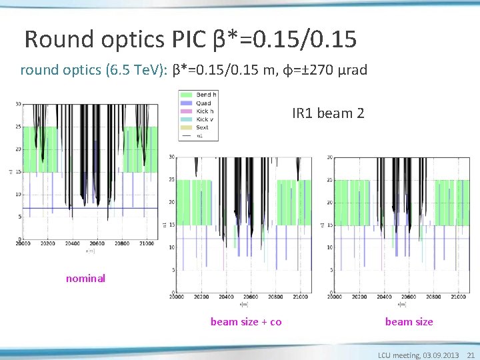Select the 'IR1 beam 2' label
pyautogui.click(x=328, y=114)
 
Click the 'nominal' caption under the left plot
pyautogui.click(x=85, y=279)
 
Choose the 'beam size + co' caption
pyautogui.click(x=246, y=322)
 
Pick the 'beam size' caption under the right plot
pyautogui.click(x=409, y=322)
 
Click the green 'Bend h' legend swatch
pyautogui.click(x=186, y=95)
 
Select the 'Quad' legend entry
pyautogui.click(x=203, y=103)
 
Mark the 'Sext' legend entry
pyautogui.click(x=202, y=127)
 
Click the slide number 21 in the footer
pyautogui.click(x=471, y=355)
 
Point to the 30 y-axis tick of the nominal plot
pyautogui.click(x=17, y=104)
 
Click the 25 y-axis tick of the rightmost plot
pyautogui.click(x=330, y=180)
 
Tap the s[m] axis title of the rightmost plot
pyautogui.click(x=400, y=305)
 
